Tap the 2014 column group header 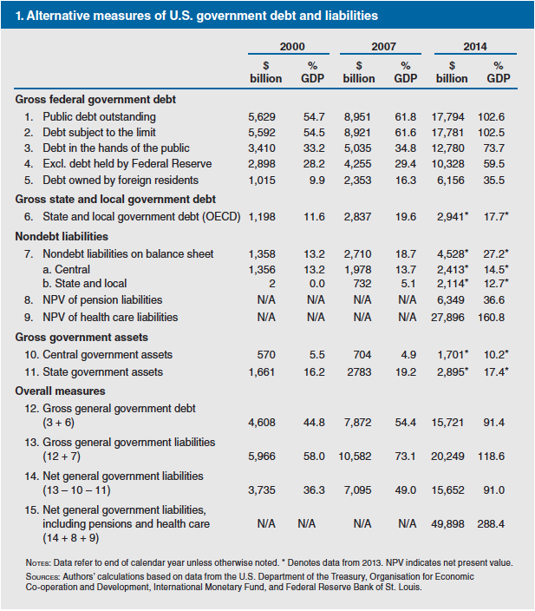474,46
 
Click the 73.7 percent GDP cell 493,148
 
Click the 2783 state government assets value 360,371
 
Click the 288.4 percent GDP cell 493,524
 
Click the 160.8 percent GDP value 493,318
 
